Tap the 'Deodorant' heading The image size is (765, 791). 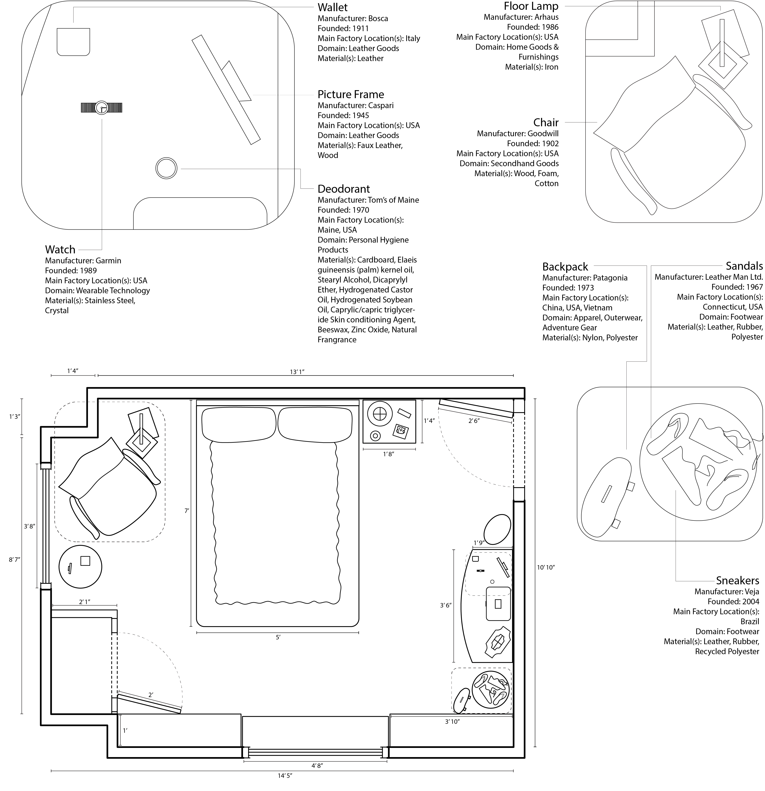tap(343, 189)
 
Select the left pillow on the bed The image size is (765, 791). tap(239, 425)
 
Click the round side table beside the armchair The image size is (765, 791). tap(80, 566)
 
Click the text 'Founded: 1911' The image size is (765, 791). tap(343, 28)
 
